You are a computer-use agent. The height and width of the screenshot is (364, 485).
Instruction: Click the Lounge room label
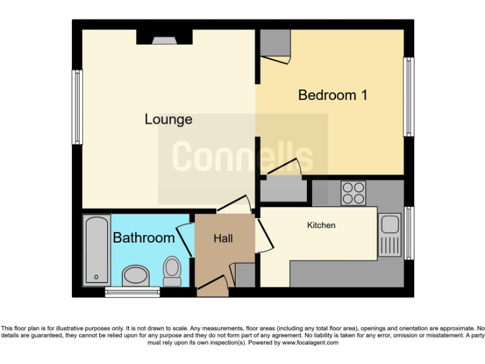click(x=168, y=119)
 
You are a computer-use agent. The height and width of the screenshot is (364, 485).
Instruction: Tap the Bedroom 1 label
click(x=332, y=95)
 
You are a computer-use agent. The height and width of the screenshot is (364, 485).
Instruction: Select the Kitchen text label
click(x=321, y=225)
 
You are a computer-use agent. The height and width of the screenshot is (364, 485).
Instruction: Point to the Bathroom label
click(x=143, y=238)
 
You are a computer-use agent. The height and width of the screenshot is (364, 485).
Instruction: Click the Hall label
click(x=223, y=238)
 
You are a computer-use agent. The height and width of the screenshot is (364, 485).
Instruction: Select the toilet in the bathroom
click(x=171, y=270)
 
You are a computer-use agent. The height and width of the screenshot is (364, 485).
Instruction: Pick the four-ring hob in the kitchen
click(x=354, y=193)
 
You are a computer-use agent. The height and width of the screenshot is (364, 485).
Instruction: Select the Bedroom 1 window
click(x=409, y=97)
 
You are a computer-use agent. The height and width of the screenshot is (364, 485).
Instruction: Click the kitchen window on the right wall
click(x=409, y=233)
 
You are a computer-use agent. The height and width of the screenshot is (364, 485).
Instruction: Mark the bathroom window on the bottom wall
click(x=133, y=291)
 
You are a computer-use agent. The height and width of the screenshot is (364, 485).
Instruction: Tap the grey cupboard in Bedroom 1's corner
click(x=274, y=43)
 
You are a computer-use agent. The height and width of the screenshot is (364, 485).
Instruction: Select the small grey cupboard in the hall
click(x=244, y=276)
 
